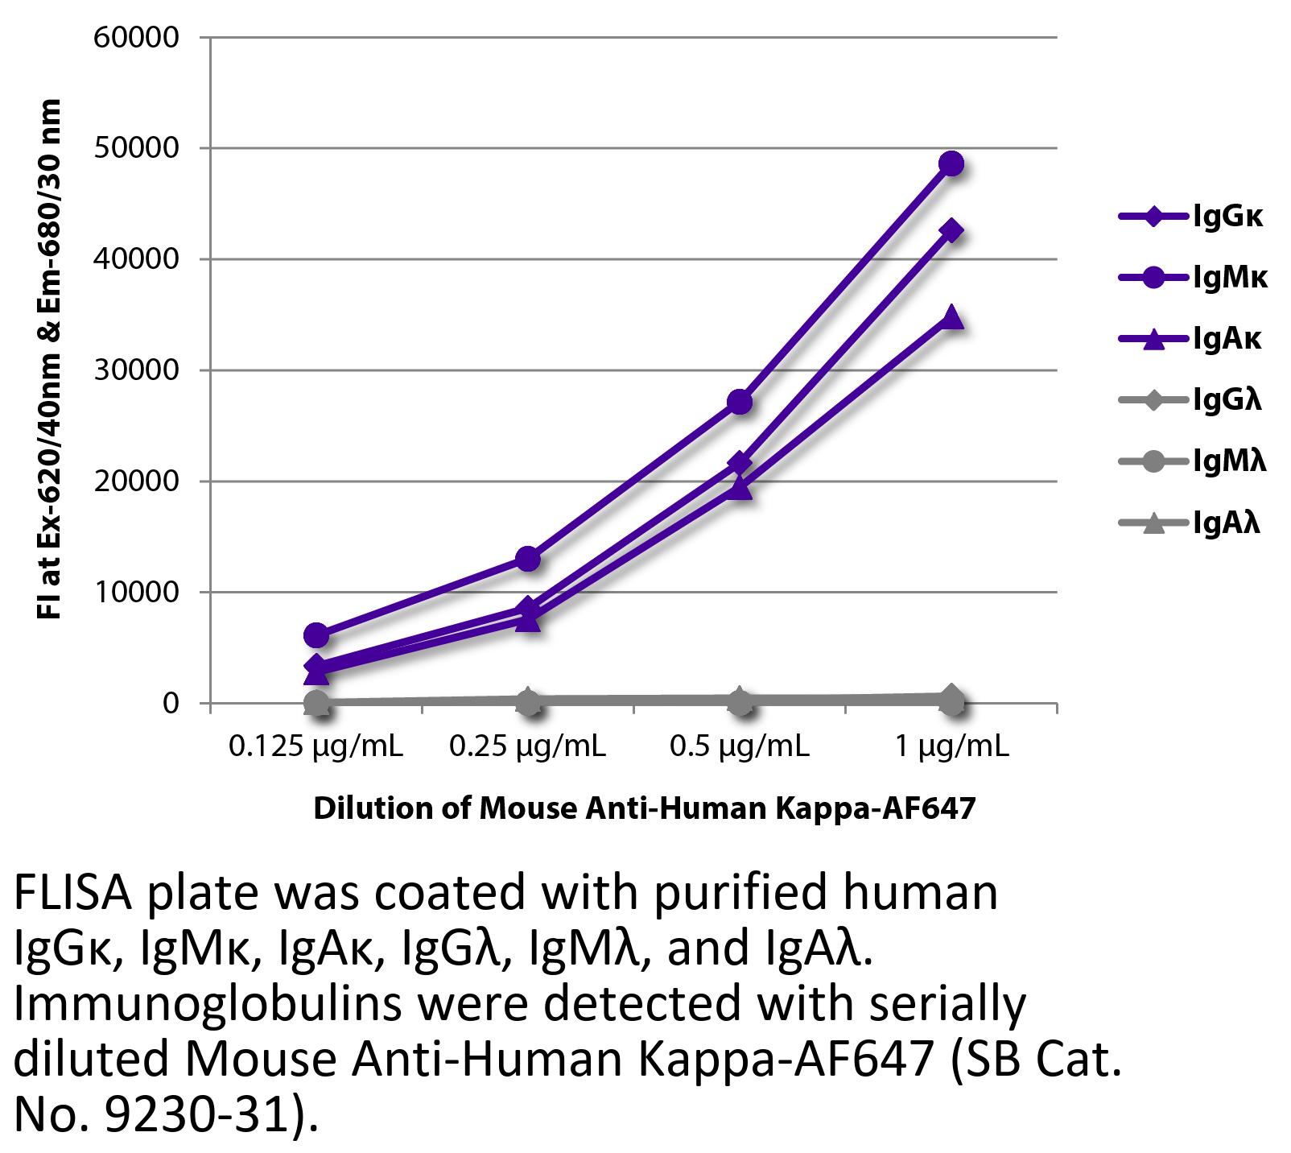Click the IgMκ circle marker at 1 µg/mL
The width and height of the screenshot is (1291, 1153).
coord(951,164)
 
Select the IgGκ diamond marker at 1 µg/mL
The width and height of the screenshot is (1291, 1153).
coord(951,231)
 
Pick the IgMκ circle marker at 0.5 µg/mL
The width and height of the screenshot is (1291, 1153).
coord(740,402)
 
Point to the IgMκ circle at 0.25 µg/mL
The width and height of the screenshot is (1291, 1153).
coord(528,558)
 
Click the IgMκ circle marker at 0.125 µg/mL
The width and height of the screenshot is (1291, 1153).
coord(316,635)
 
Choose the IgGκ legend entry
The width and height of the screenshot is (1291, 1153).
coord(1191,217)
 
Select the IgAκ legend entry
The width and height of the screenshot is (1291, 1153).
coord(1191,339)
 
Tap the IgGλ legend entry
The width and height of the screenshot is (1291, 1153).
coord(1191,400)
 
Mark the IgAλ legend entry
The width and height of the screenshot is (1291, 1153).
coord(1191,523)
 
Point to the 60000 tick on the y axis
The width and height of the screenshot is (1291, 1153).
coord(136,38)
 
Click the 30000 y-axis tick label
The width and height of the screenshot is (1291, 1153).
coord(136,370)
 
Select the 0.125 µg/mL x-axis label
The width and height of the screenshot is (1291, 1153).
coord(316,747)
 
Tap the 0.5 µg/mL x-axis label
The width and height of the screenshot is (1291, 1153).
coord(740,747)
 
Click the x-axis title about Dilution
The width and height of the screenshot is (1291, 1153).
coord(644,808)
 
